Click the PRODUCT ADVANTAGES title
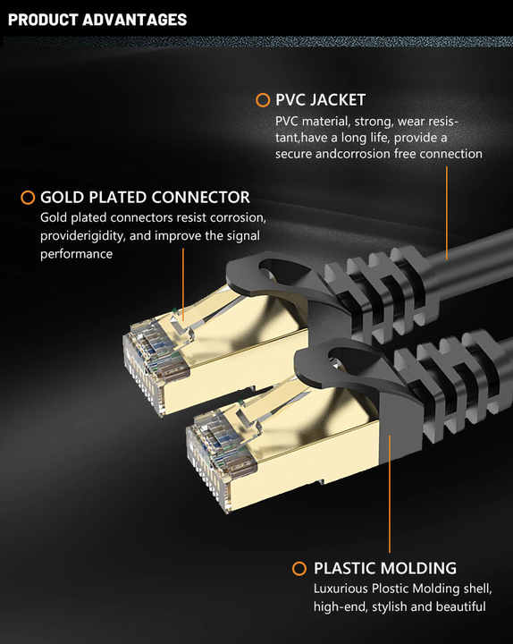(x=97, y=20)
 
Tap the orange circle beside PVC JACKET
(x=263, y=100)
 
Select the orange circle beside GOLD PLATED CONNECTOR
(x=28, y=198)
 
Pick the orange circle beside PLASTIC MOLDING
(x=299, y=569)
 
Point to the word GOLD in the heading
(x=62, y=198)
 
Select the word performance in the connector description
(x=76, y=254)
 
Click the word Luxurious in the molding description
(x=341, y=589)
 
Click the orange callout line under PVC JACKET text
(x=447, y=212)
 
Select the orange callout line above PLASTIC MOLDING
(x=390, y=494)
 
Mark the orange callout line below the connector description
(x=183, y=284)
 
